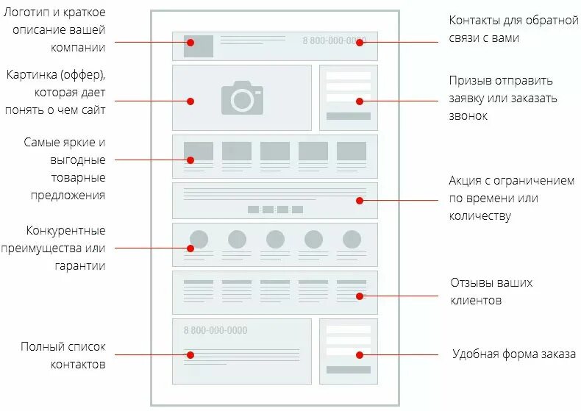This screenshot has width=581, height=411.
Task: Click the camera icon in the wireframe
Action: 242,98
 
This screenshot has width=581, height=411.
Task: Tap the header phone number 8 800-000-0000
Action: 334,40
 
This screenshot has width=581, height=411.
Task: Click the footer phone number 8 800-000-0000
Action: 215,330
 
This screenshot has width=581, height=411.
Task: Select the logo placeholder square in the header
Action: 199,46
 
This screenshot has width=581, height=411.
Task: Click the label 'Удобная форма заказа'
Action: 513,354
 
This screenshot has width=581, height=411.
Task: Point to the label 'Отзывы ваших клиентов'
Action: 491,291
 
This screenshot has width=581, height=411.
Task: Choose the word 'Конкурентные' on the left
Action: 65,230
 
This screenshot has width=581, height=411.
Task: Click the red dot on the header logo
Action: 190,43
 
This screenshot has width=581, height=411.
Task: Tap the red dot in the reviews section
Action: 360,296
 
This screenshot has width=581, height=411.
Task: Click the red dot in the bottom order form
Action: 360,354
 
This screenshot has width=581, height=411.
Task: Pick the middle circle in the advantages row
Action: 275,239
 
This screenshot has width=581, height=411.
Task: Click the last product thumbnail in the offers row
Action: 352,151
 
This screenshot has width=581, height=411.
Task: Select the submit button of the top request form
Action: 349,115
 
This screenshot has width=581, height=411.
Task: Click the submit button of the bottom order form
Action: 349,369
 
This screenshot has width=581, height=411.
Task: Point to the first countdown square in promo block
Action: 253,210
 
